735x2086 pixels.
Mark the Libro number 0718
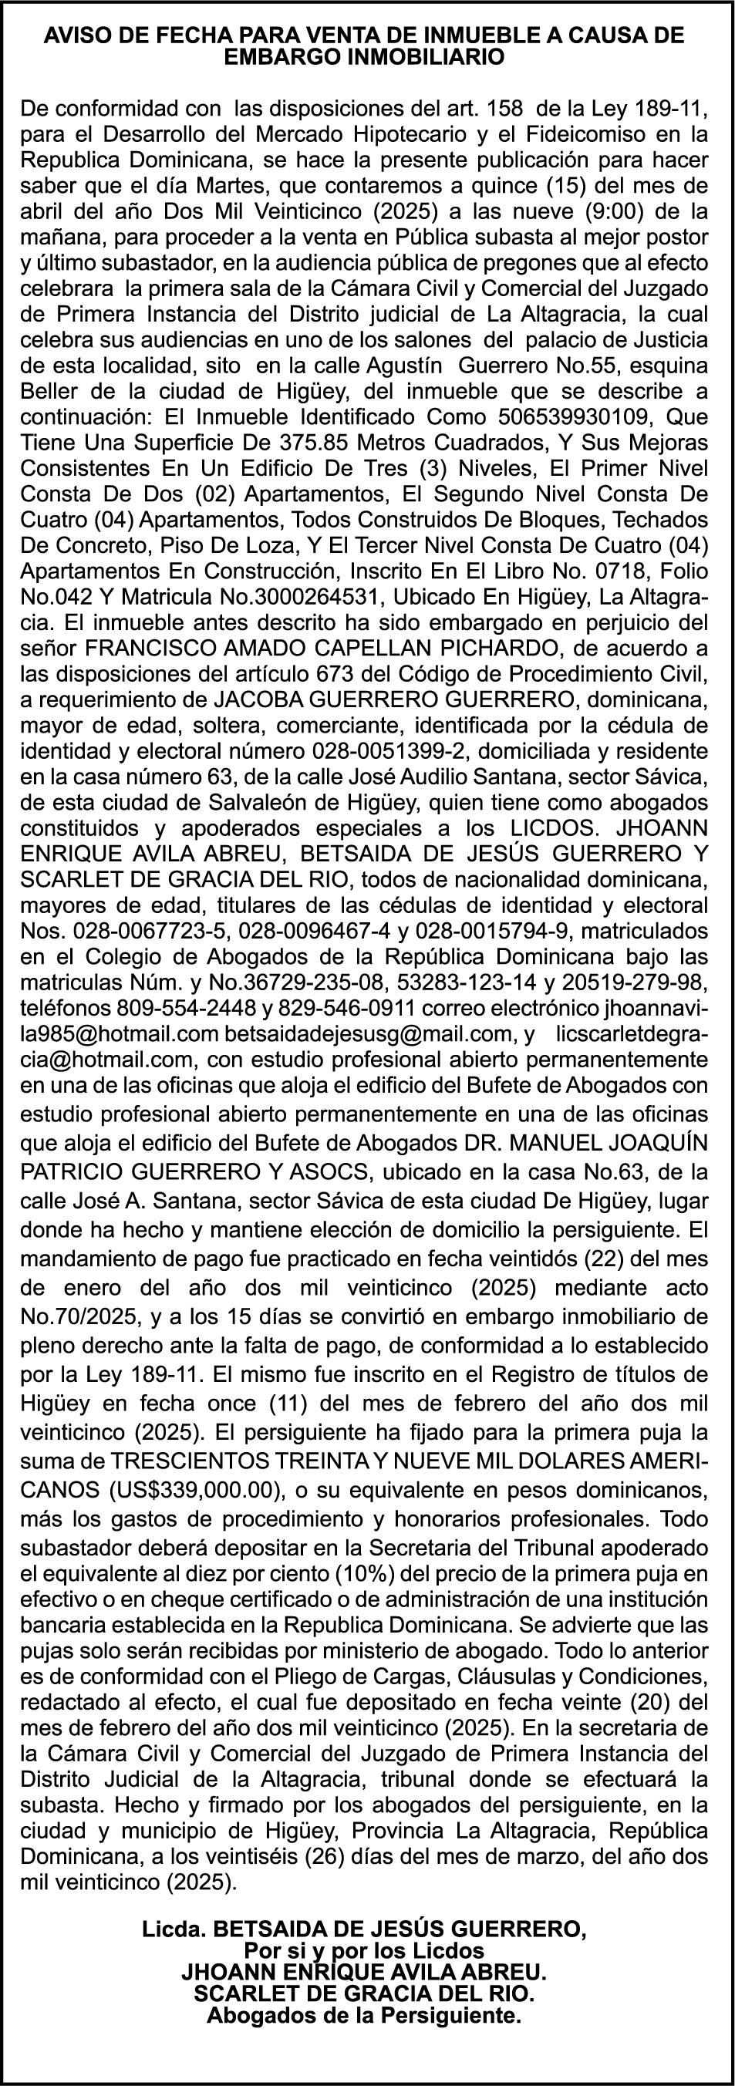tap(601, 572)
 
